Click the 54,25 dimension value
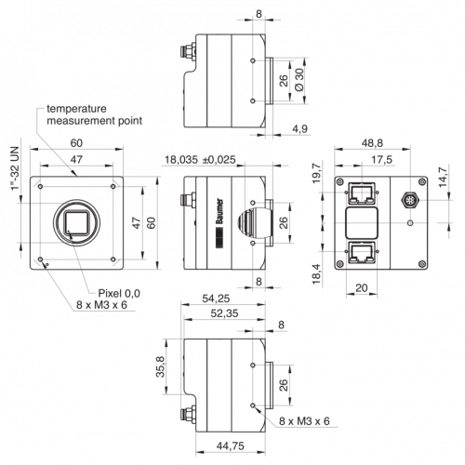click(x=216, y=299)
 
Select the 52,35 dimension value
click(x=224, y=313)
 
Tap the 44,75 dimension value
click(x=231, y=445)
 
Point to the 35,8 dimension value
click(x=161, y=366)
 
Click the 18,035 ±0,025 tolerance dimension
click(x=200, y=160)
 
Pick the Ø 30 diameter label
click(x=299, y=80)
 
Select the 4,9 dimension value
click(x=299, y=128)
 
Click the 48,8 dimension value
click(x=372, y=143)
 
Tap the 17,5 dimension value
click(x=381, y=160)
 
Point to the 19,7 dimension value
click(x=317, y=174)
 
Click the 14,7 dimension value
click(x=443, y=177)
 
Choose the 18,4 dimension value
click(x=316, y=274)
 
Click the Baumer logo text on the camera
click(x=219, y=211)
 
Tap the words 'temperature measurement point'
click(x=94, y=114)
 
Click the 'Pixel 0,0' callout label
click(x=119, y=293)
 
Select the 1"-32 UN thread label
click(x=15, y=169)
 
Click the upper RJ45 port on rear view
click(x=362, y=193)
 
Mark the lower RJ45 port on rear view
click(x=362, y=252)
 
